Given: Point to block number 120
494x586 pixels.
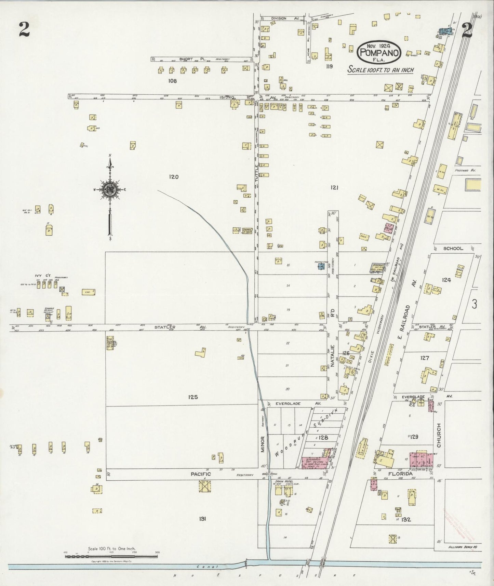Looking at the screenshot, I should point(174,177).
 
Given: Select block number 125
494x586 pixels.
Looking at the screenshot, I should point(193,397).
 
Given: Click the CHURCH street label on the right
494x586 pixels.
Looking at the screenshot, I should point(439,435).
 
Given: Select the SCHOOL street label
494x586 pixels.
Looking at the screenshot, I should point(453,249).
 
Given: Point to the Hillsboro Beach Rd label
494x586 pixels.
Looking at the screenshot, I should point(462,547).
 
